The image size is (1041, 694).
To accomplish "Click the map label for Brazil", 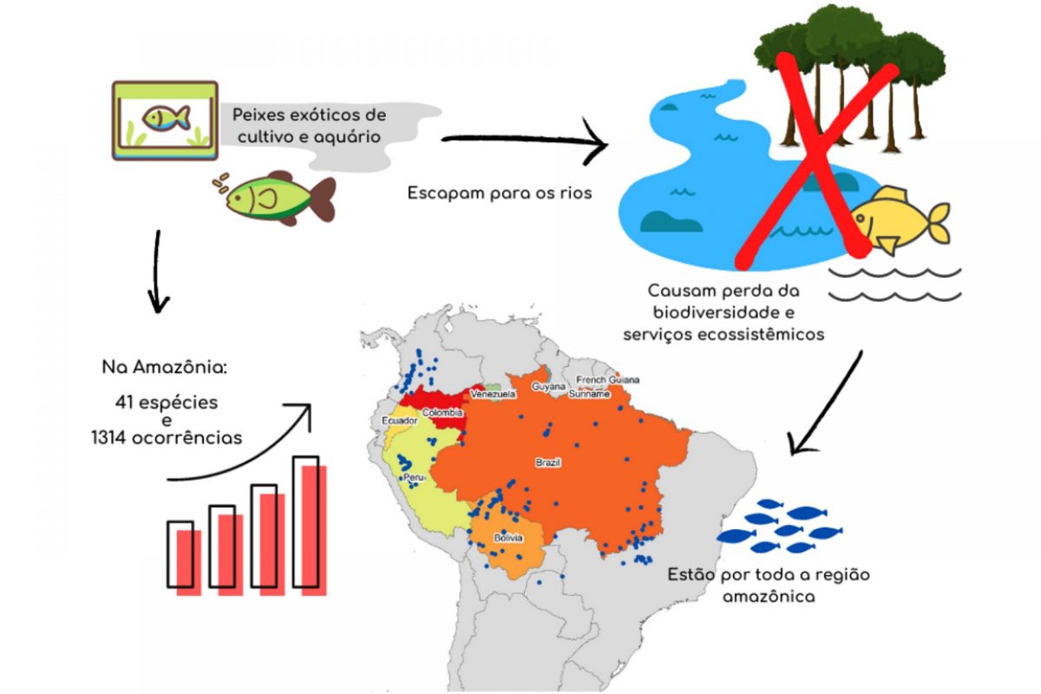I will click(548, 463).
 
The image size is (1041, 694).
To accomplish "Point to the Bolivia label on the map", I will click(508, 539).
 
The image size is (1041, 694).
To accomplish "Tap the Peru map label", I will click(414, 478).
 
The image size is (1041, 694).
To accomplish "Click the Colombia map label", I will click(442, 413).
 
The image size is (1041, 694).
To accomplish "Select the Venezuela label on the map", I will click(493, 394).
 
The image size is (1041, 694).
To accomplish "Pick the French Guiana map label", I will click(608, 380).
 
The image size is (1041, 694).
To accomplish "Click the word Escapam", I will click(444, 193).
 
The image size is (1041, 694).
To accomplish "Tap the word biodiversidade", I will click(722, 311).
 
